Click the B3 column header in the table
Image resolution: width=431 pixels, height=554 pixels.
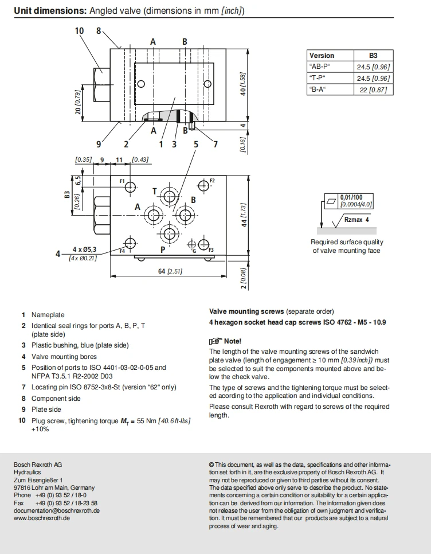coord(373,56)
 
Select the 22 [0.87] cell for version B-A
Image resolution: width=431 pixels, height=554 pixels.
coord(374,89)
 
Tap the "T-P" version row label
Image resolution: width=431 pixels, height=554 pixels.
coord(317,78)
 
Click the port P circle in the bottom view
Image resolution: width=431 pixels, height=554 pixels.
coord(170,233)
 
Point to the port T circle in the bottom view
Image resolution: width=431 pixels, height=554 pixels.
coord(170,197)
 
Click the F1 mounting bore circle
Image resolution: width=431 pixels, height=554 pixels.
coord(130,186)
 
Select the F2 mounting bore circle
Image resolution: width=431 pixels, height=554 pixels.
coord(203,185)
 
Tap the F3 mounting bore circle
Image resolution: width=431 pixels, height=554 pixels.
coord(203,244)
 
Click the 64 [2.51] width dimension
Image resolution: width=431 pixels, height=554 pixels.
coord(170,271)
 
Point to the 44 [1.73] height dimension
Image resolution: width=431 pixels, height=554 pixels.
coord(244,215)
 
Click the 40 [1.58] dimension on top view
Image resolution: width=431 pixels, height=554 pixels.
coord(243,84)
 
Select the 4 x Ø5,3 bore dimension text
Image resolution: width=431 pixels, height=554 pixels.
coord(84,249)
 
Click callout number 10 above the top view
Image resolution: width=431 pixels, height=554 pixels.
coord(79,31)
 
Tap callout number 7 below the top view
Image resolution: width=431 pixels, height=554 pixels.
coord(215,144)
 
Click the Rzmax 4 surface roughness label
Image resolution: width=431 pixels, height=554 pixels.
coord(356,220)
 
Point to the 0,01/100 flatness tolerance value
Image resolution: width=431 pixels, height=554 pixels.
coord(351,197)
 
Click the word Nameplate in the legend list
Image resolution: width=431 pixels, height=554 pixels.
coord(48,315)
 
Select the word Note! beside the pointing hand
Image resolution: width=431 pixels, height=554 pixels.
coord(233,341)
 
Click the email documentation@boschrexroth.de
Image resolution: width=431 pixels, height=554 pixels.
coord(57,510)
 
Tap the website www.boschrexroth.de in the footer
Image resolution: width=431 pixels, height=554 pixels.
coord(42,518)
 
